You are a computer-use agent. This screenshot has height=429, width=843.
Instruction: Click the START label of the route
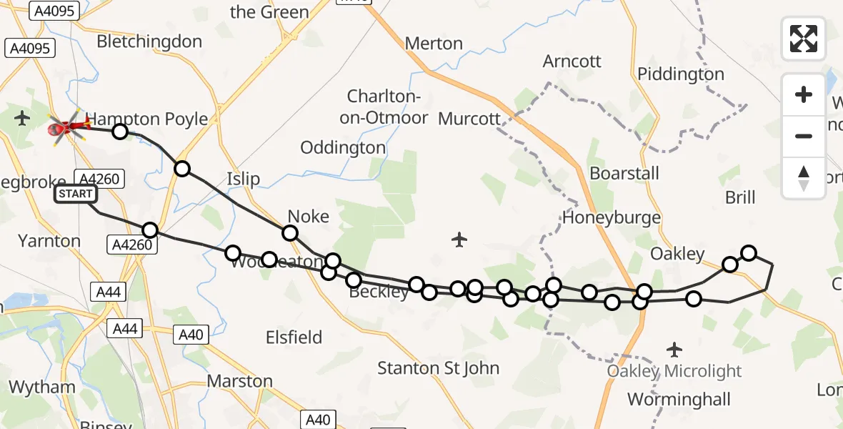click(76, 194)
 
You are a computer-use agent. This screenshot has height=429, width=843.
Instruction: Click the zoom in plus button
click(804, 94)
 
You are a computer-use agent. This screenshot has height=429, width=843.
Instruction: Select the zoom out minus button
click(804, 136)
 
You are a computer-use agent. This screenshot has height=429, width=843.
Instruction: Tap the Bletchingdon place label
click(149, 41)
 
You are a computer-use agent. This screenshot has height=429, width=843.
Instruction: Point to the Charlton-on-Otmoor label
click(388, 107)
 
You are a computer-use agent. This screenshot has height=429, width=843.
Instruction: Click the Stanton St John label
click(438, 368)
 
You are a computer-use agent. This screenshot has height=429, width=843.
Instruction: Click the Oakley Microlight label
click(674, 371)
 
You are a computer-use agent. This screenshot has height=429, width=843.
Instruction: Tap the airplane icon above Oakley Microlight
click(674, 350)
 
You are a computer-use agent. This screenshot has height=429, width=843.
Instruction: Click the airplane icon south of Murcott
click(459, 239)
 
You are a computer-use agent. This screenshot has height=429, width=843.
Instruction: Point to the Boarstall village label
click(624, 173)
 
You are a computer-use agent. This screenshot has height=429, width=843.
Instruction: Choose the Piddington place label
click(680, 74)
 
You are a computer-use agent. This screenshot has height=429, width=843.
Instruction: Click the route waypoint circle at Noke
click(289, 232)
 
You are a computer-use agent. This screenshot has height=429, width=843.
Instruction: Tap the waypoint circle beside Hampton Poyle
click(120, 132)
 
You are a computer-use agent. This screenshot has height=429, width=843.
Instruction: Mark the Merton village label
click(434, 44)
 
